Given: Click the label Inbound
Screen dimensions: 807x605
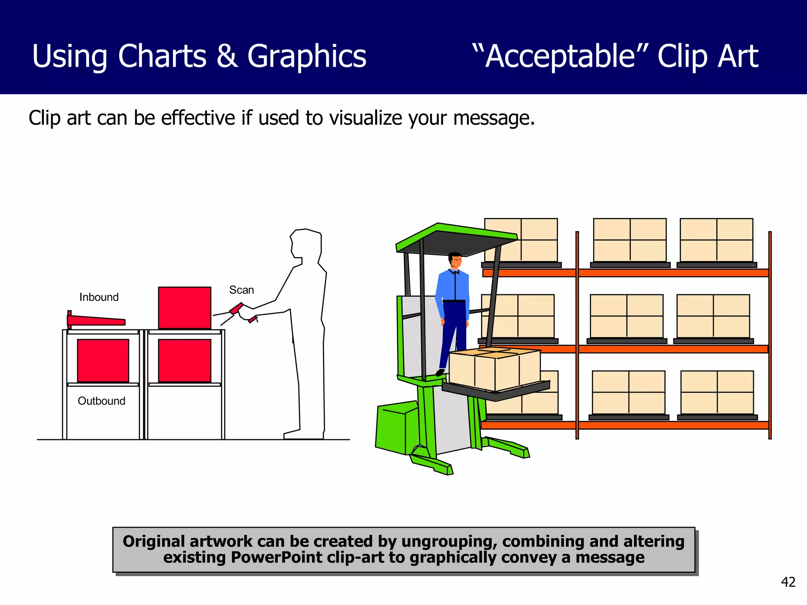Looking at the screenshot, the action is [x=99, y=297].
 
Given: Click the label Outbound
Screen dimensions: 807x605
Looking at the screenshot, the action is [x=102, y=401].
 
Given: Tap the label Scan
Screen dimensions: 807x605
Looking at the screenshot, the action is [x=242, y=290].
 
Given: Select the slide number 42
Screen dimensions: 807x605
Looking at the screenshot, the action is [x=788, y=582].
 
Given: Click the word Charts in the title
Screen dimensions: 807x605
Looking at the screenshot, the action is [x=162, y=56].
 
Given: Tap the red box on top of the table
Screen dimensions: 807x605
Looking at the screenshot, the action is [x=184, y=308].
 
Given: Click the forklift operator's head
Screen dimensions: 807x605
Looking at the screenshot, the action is [x=455, y=261].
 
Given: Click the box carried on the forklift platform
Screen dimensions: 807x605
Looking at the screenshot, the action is [x=495, y=369].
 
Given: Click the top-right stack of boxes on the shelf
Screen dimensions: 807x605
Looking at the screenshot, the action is [x=716, y=240].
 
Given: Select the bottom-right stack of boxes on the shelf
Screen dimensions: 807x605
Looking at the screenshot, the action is [x=717, y=392].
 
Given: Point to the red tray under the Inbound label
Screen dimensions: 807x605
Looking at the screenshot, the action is [x=96, y=320].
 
